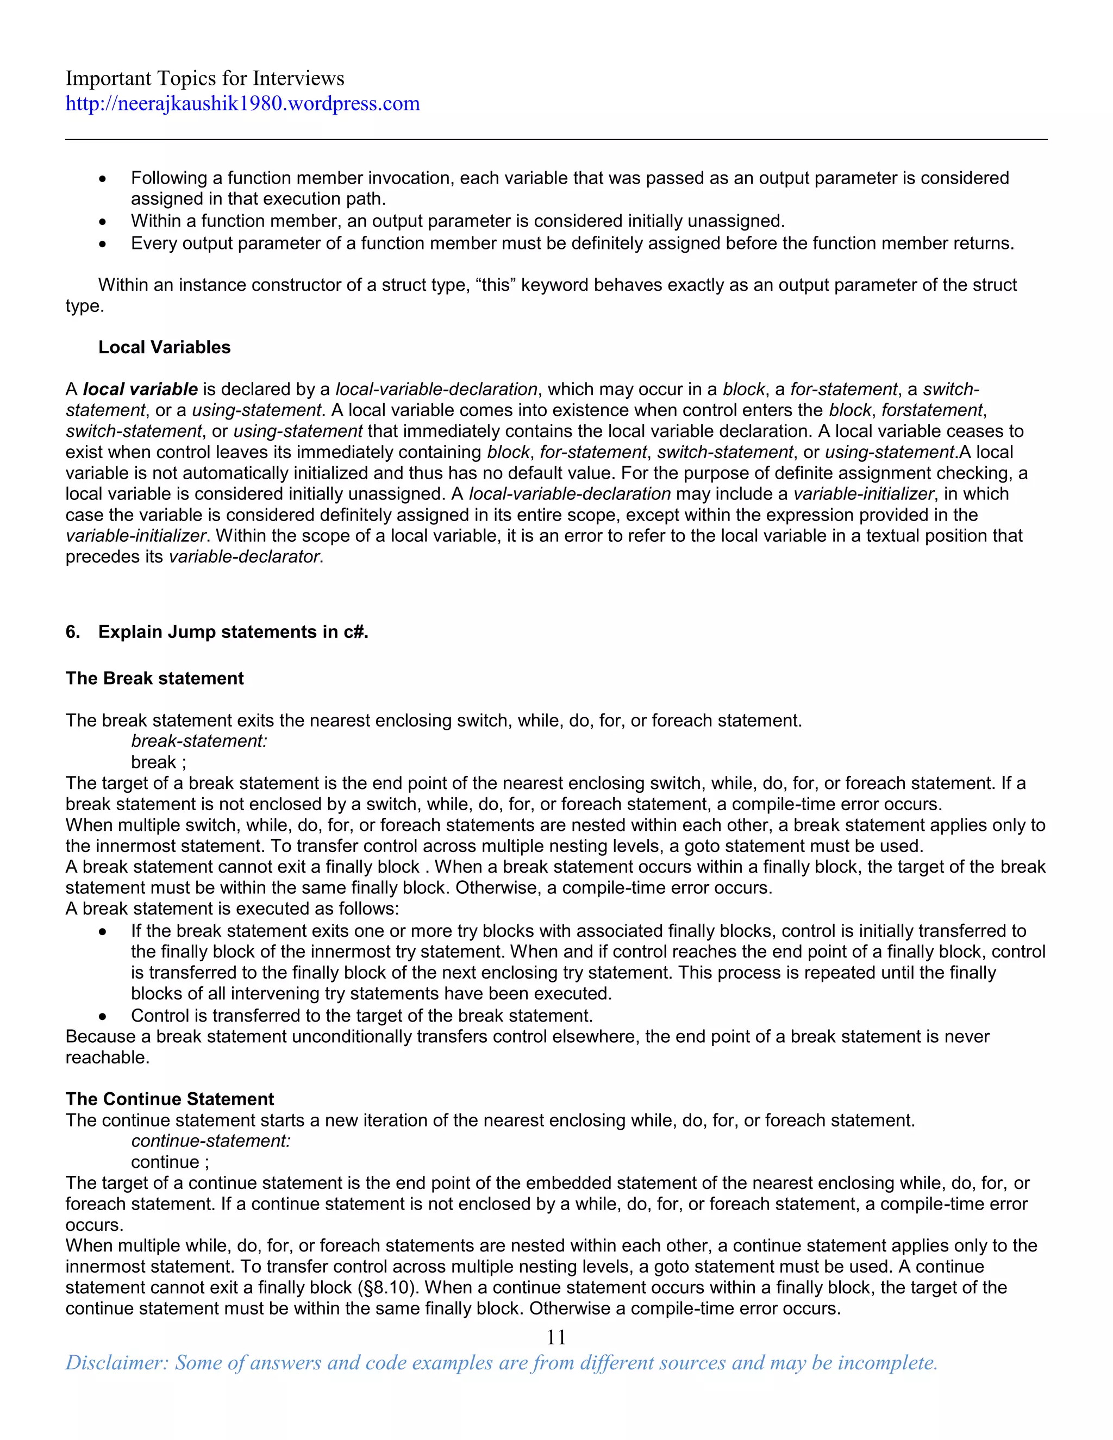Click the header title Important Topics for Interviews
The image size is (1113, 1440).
[204, 78]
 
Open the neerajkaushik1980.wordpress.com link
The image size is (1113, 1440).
[242, 103]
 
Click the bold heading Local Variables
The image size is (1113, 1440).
[164, 347]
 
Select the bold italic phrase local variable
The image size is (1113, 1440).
[140, 389]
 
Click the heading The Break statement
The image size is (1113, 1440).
[154, 679]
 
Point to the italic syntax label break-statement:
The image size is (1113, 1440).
[198, 741]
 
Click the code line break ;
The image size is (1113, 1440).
[158, 762]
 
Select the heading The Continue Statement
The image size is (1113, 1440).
[170, 1099]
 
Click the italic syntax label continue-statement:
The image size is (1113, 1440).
[210, 1141]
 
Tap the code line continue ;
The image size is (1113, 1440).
[170, 1162]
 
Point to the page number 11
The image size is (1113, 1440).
[556, 1337]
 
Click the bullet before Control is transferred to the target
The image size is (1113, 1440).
[102, 1016]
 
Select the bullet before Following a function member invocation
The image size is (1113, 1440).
[102, 179]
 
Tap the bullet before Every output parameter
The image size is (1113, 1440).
[102, 244]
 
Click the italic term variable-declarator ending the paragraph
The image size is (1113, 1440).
[244, 556]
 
